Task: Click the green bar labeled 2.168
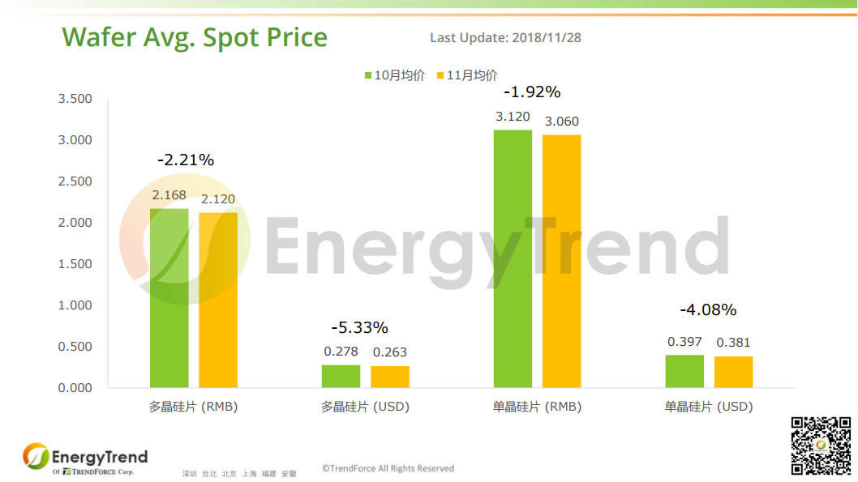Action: (x=169, y=298)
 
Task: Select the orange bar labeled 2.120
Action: (x=218, y=300)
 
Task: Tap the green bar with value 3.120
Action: (x=513, y=258)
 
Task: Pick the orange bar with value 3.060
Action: (x=562, y=261)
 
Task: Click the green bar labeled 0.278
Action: (x=341, y=376)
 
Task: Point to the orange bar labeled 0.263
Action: (x=390, y=377)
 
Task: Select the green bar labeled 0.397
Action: (x=684, y=371)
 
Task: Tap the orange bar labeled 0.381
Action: (x=734, y=372)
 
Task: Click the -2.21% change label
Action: (x=186, y=160)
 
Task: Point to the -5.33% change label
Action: (x=359, y=328)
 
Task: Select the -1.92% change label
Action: (x=532, y=92)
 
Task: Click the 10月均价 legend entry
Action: (x=394, y=75)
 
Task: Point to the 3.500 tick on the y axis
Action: (x=75, y=99)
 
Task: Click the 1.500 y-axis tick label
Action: (x=75, y=264)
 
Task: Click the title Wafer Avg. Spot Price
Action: (x=195, y=37)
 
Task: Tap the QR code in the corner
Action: (x=822, y=446)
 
